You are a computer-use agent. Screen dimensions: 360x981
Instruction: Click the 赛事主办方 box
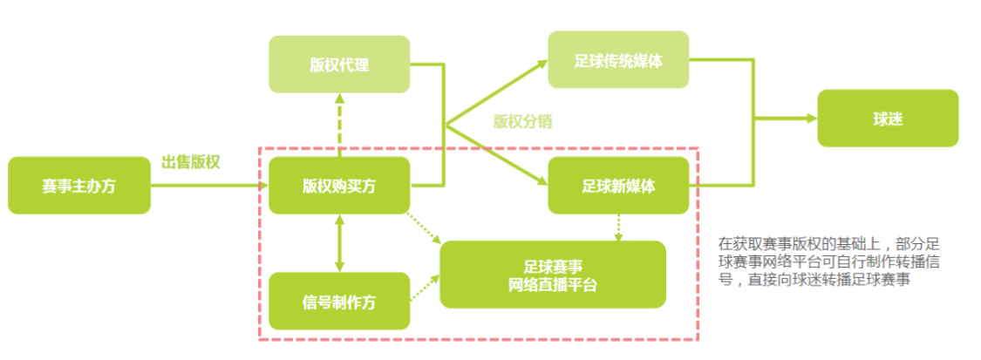click(78, 186)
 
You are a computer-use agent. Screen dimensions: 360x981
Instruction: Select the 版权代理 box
click(339, 64)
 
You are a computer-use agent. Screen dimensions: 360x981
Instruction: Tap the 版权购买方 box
click(339, 186)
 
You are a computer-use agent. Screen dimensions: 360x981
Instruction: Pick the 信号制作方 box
click(339, 301)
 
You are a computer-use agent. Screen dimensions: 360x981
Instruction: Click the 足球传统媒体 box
click(617, 60)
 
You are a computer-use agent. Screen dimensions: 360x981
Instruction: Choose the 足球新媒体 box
click(617, 186)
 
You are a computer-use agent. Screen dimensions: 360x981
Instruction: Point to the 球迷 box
click(887, 118)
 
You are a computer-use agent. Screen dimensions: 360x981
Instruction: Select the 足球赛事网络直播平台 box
click(552, 275)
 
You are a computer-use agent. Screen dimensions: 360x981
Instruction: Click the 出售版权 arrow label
click(190, 163)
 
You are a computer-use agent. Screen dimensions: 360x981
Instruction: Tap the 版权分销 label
click(521, 121)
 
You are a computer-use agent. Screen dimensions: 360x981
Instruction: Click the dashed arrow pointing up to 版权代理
click(339, 126)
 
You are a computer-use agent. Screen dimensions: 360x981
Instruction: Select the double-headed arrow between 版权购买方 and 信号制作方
click(339, 243)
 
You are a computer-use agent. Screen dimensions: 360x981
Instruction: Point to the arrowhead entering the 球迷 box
click(812, 118)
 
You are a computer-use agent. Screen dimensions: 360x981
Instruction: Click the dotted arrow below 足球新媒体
click(618, 227)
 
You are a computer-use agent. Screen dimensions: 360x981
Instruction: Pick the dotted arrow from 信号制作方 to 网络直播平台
click(425, 288)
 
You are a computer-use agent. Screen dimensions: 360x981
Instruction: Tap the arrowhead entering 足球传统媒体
click(542, 61)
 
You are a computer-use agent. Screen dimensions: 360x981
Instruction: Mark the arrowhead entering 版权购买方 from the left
click(262, 186)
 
